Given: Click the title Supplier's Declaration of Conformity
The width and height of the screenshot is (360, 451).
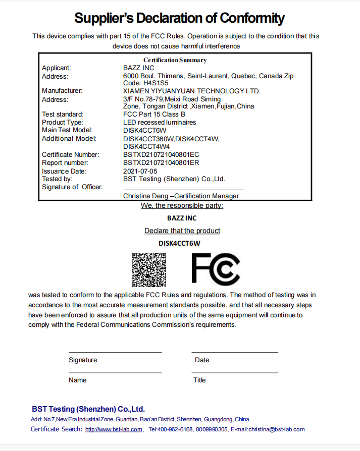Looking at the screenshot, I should point(179,19).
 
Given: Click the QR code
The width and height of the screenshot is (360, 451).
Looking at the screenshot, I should point(149,269).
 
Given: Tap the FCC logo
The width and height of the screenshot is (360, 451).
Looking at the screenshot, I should point(216,269).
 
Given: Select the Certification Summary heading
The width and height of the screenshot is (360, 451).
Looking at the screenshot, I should point(175,60).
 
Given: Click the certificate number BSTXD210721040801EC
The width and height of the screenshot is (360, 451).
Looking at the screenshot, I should point(161,154).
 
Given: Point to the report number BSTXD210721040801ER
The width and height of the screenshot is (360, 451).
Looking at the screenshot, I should point(161,162).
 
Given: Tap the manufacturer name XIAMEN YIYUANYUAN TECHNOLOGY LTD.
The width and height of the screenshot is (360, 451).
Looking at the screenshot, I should point(192,91).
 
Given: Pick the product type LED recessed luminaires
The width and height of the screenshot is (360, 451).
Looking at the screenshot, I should point(160,122).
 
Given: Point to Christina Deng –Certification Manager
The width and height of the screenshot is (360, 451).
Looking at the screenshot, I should point(181,196).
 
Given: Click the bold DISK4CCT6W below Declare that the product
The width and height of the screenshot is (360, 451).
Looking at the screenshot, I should point(179,243).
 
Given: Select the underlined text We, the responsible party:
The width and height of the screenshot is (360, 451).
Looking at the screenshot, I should point(182,205).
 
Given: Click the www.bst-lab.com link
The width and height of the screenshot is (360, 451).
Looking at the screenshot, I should point(114,429).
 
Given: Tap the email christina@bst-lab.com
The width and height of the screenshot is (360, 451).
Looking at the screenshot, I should point(276,429).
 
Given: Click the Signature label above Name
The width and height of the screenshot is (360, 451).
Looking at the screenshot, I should point(83,360).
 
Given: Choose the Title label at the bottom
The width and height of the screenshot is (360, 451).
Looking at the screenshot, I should point(199,380).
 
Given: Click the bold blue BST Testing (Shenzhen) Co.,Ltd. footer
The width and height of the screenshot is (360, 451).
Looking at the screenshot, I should point(88,409).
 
